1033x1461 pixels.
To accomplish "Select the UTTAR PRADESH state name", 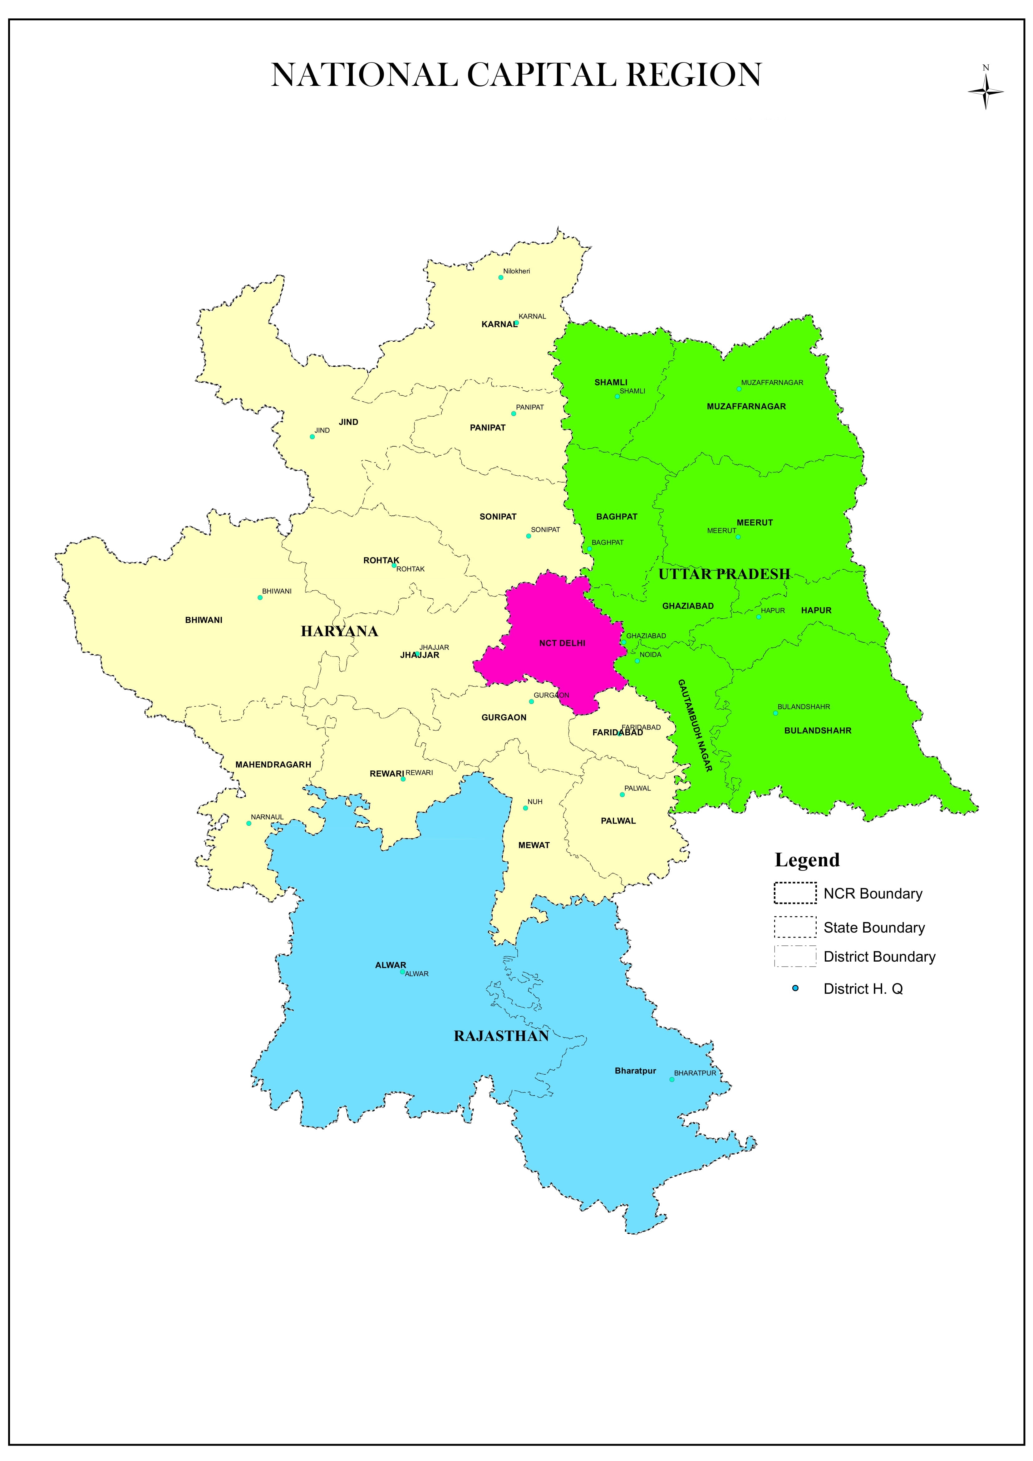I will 724,574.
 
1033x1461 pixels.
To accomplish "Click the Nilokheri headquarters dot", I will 501,277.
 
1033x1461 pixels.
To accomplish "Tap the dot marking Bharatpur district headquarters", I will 672,1079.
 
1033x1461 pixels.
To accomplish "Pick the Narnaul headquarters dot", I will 249,823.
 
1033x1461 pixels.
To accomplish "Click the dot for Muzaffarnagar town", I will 739,389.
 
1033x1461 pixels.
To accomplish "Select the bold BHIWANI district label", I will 204,620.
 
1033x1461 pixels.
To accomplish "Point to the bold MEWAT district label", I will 534,845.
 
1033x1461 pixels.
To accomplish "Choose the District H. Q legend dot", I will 795,988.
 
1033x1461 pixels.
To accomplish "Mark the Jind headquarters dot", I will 312,437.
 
